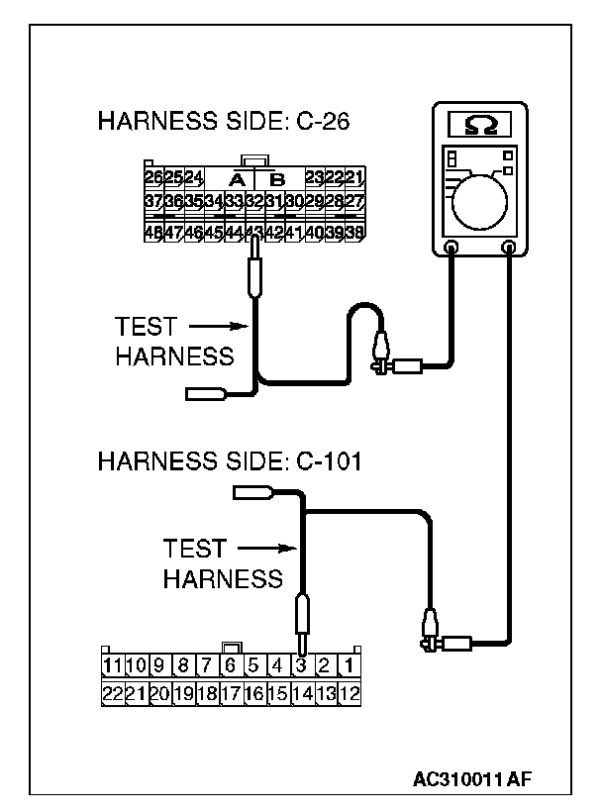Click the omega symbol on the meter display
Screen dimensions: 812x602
(480, 126)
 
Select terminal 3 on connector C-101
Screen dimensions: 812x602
(300, 664)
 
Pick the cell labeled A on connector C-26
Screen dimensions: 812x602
(236, 179)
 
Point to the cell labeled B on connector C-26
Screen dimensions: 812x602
(278, 179)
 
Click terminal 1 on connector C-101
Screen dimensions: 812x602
(349, 664)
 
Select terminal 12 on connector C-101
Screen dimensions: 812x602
(349, 693)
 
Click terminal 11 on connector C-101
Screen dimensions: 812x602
(111, 664)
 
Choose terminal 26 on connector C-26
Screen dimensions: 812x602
(153, 178)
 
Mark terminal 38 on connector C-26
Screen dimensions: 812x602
(354, 234)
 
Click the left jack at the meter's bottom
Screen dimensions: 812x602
(451, 248)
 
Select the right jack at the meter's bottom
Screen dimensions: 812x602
(509, 248)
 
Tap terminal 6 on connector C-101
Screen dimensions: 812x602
(229, 664)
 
